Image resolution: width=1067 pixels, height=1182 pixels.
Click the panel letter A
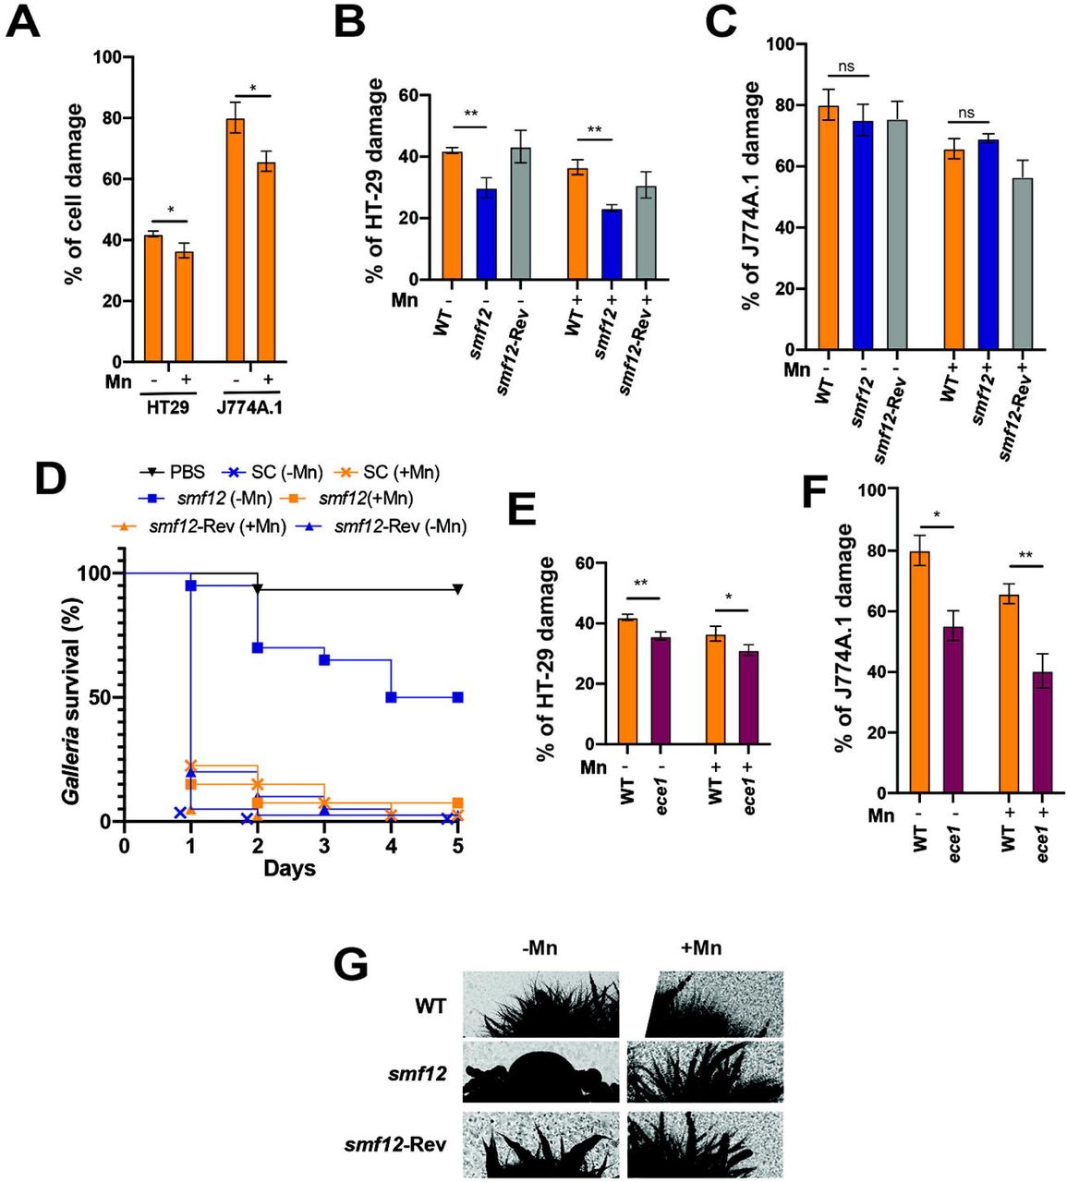[24, 20]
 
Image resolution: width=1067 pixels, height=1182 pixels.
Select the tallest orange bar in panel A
[236, 240]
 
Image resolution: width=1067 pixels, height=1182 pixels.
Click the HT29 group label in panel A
[166, 405]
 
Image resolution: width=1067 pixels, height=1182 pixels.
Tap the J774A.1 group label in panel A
[252, 405]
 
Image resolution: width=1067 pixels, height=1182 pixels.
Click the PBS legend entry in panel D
[183, 473]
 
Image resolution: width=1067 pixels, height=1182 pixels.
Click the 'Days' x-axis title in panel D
[289, 869]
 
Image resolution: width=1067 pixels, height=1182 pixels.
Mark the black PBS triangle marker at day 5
[456, 589]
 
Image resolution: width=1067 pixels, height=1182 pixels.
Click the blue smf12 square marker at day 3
[324, 660]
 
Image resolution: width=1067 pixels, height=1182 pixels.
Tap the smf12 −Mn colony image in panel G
[540, 1073]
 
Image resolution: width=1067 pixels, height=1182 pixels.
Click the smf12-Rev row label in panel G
[404, 1145]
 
